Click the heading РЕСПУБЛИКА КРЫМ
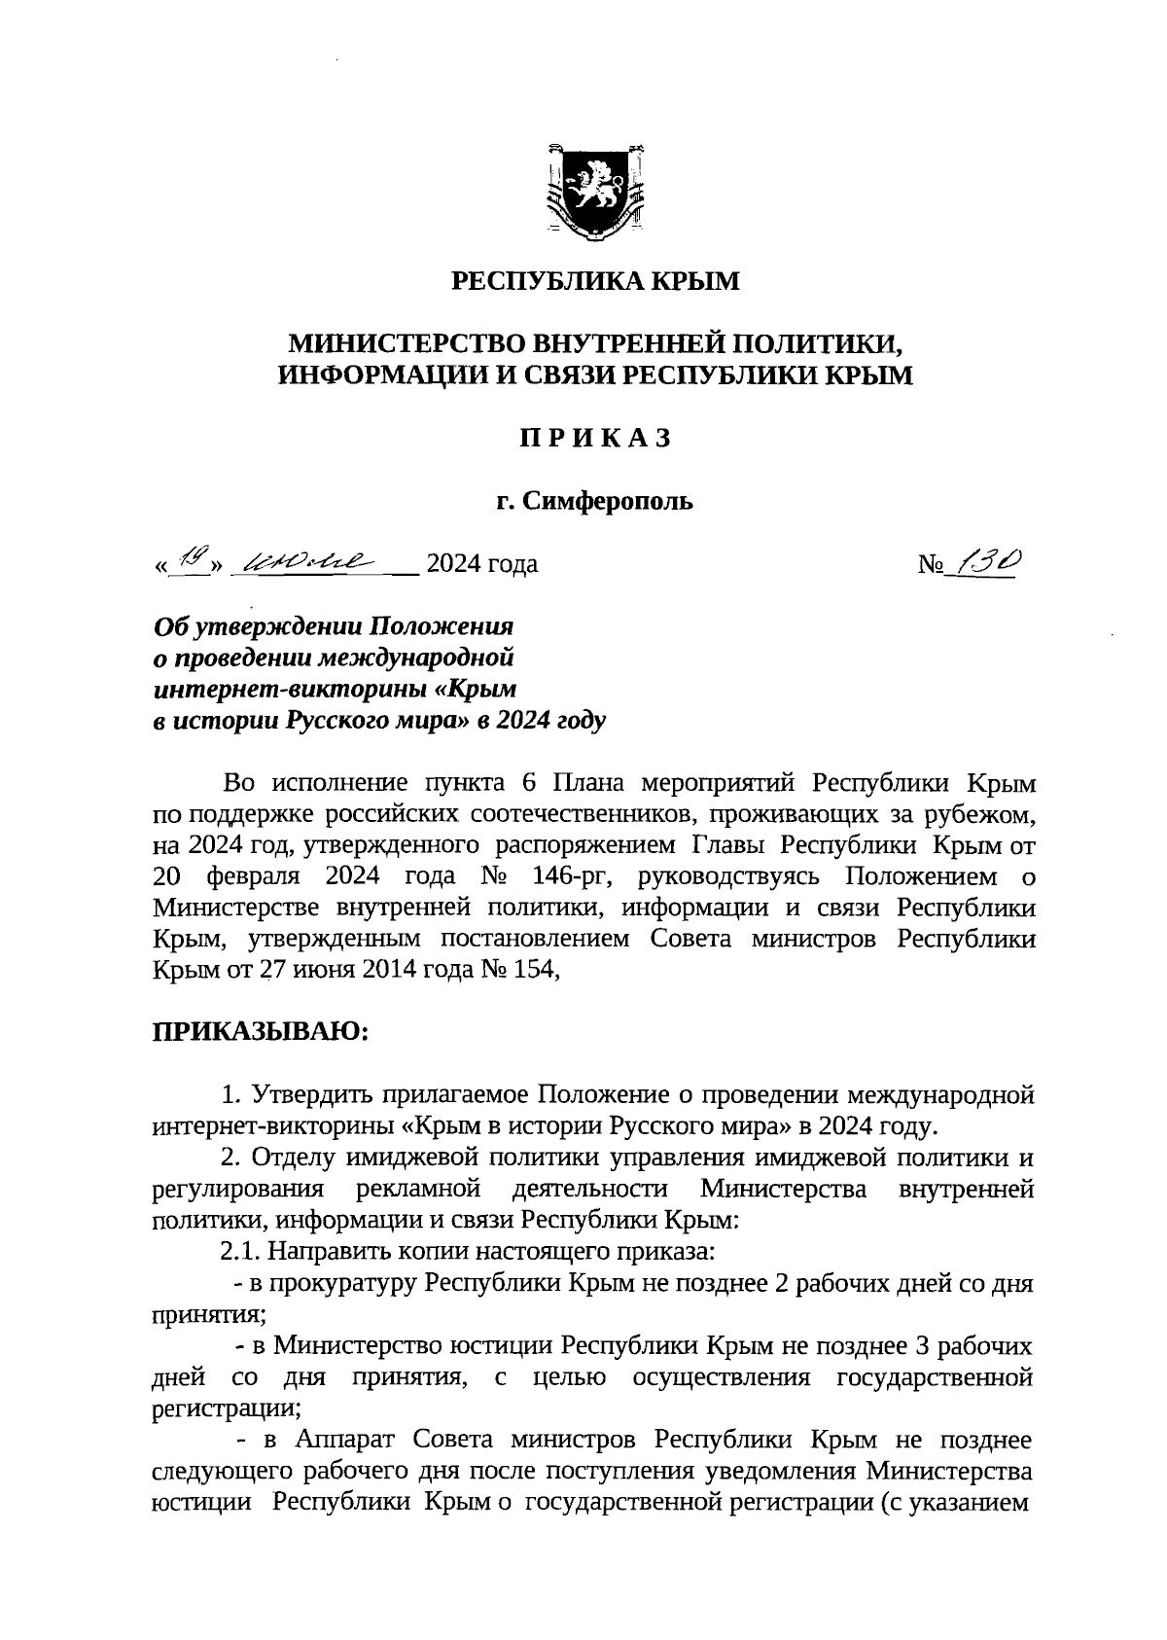click(596, 282)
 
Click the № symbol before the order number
click(931, 564)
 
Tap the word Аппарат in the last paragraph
click(346, 1440)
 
